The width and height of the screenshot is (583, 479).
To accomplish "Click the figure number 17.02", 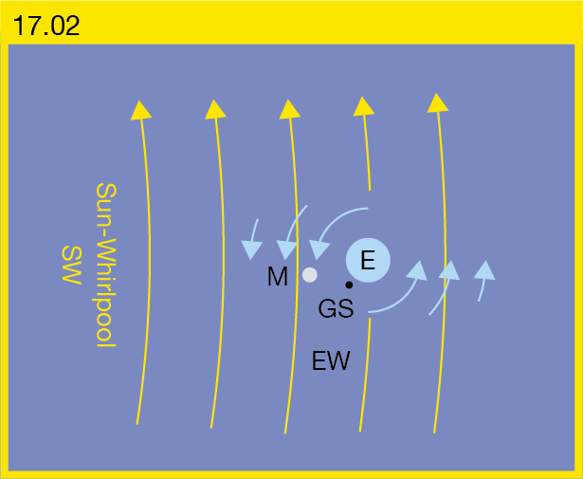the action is (x=46, y=26).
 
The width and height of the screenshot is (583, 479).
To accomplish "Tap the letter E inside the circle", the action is (x=368, y=260).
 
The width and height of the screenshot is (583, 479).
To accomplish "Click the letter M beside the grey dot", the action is (x=278, y=276).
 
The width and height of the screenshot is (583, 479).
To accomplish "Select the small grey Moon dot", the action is (x=310, y=275).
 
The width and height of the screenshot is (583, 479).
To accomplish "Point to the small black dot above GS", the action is (x=349, y=285).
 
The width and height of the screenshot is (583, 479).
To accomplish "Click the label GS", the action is (x=336, y=308).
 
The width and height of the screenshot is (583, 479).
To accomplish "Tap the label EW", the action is (x=331, y=360).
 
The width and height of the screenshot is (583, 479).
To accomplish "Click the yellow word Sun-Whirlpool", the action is (x=107, y=265).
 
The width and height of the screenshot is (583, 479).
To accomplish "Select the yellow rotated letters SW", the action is (x=71, y=266).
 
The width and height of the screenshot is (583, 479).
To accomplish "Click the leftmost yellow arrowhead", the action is (x=141, y=110).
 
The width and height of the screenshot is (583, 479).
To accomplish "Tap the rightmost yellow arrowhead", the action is (x=437, y=103).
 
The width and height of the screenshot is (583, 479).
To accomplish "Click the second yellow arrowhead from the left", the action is (x=215, y=110).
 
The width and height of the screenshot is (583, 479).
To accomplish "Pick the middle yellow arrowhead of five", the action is (x=289, y=109).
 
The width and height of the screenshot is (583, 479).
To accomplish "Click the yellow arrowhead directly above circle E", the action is (x=363, y=106).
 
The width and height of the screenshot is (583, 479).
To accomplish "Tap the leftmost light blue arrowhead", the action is (x=252, y=249).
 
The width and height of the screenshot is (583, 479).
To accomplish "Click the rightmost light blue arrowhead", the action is (x=484, y=270).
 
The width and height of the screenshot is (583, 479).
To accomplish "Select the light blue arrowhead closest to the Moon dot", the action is (x=319, y=249).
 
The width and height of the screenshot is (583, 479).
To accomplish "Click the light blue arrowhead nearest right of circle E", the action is (x=417, y=270).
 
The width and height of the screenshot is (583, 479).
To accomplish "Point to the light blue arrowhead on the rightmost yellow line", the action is (x=449, y=270).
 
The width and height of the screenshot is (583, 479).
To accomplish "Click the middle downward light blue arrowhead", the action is (x=287, y=250).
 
